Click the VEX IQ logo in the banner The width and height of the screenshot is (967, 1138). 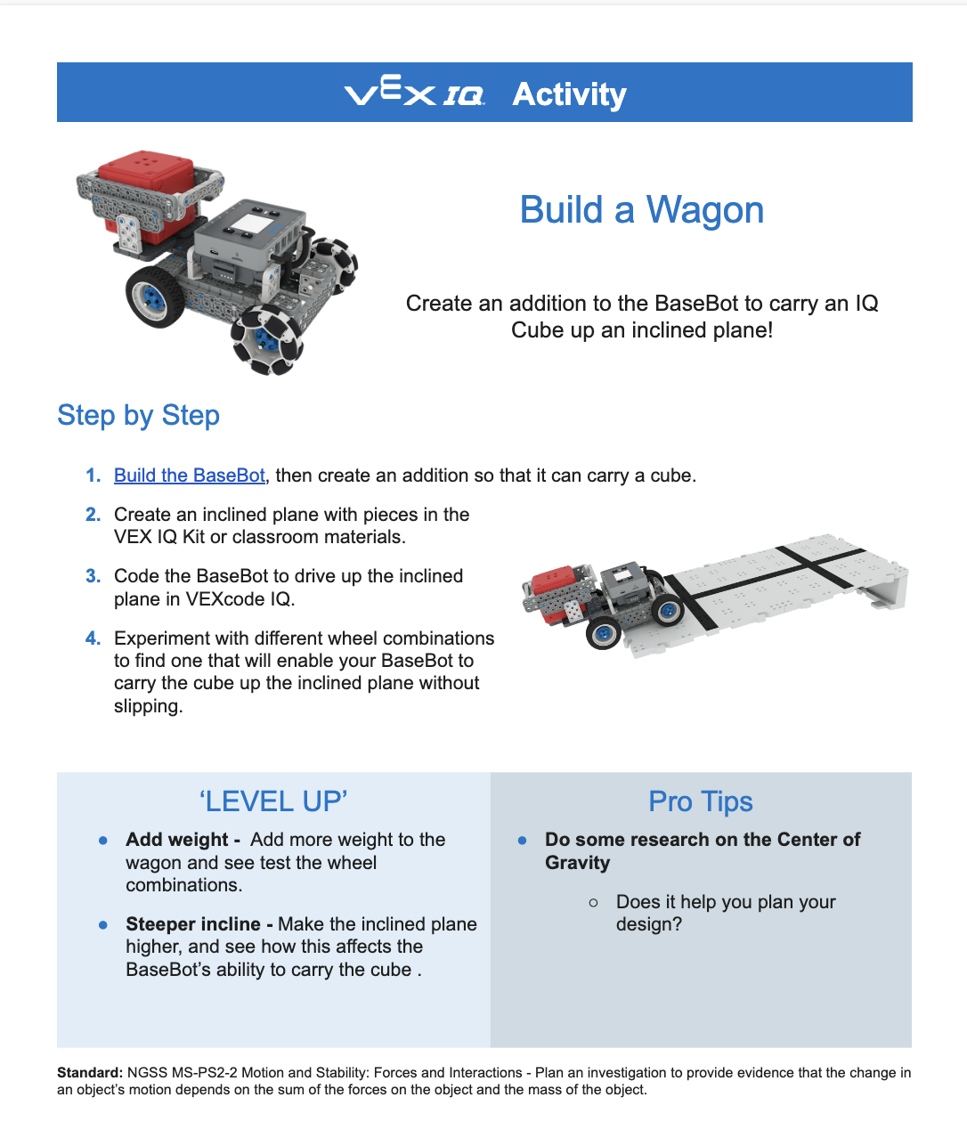click(x=414, y=93)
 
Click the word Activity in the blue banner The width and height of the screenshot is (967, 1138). click(x=569, y=93)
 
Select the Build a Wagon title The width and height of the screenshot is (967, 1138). click(x=641, y=210)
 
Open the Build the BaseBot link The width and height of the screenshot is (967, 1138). click(x=189, y=476)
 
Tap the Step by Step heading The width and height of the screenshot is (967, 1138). click(x=138, y=415)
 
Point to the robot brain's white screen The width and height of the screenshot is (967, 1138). click(x=261, y=221)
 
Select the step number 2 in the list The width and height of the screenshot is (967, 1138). click(x=93, y=515)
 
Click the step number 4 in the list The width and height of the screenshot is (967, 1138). click(x=93, y=638)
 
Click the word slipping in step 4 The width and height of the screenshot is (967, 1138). click(x=147, y=706)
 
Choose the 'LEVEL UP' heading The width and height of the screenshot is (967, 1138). click(x=272, y=801)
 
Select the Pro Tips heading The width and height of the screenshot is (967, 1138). click(x=700, y=801)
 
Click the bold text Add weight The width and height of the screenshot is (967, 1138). click(x=177, y=840)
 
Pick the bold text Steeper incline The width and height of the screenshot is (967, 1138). click(x=193, y=924)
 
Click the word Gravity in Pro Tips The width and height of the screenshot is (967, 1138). click(x=577, y=863)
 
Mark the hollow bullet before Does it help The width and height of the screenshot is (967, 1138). click(x=594, y=903)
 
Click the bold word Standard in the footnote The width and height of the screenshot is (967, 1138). click(x=89, y=1073)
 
